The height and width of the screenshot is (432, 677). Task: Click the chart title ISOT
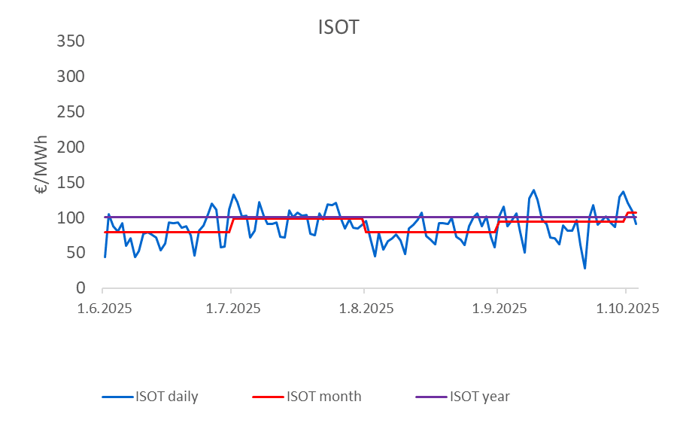pos(338,28)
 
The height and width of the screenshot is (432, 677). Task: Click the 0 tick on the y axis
pos(86,289)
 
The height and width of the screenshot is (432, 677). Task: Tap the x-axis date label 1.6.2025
pos(103,309)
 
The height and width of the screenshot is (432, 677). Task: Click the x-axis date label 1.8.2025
pos(363,309)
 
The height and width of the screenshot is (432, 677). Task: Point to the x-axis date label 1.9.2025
pos(496,309)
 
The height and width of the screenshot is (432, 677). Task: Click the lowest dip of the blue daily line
pos(584,268)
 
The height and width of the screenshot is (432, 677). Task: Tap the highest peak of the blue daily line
pos(533,190)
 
